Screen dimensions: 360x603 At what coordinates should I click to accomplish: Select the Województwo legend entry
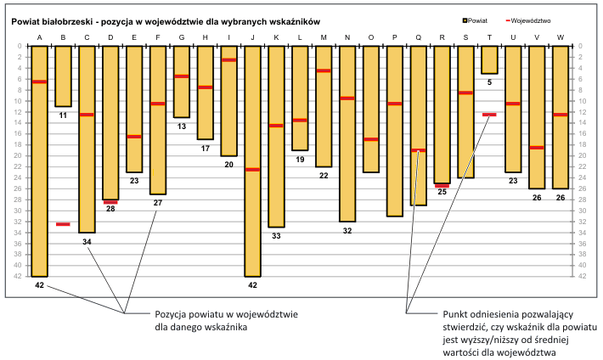(531, 19)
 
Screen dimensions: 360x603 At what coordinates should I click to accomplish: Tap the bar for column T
(489, 59)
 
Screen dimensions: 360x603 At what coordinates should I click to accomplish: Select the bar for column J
(252, 161)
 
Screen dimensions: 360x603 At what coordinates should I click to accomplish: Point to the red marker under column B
(63, 224)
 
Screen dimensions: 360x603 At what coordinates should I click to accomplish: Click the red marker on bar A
(39, 82)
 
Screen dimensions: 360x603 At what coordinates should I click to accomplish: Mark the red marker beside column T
(489, 115)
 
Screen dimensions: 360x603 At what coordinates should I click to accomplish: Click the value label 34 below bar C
(87, 242)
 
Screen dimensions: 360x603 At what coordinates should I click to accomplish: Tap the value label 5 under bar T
(489, 82)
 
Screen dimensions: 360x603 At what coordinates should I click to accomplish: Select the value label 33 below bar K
(276, 236)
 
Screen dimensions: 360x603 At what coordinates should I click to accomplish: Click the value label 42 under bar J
(252, 286)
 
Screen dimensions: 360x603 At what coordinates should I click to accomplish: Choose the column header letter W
(561, 37)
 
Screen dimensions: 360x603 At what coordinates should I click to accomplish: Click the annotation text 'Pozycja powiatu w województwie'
(228, 315)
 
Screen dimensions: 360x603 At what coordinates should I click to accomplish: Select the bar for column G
(181, 82)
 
